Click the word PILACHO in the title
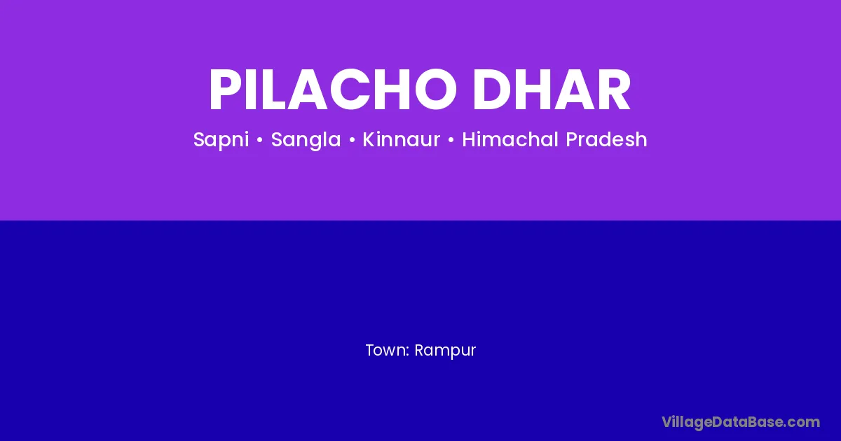point(333,90)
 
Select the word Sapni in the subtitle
point(221,140)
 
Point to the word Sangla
point(306,140)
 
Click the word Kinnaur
point(402,139)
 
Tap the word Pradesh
point(606,139)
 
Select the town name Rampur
point(445,351)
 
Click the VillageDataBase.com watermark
point(741,422)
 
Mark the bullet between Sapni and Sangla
point(259,140)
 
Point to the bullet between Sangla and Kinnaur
point(352,140)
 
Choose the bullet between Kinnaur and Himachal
point(451,140)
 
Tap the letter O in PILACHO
point(436,90)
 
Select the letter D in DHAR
point(491,90)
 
